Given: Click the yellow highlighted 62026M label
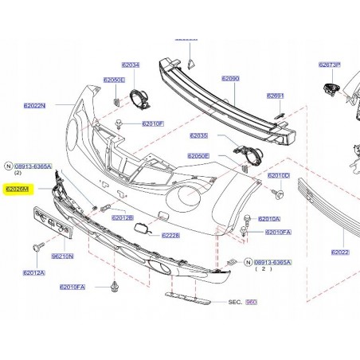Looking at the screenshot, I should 17,190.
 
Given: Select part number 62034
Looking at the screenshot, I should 130,65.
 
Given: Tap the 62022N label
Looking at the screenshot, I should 34,105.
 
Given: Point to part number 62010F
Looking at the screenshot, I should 153,124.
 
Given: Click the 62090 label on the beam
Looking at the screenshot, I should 230,79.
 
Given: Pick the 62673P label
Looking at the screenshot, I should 330,65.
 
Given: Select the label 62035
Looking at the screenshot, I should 198,136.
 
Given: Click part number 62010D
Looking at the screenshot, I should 278,175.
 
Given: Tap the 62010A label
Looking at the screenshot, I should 269,219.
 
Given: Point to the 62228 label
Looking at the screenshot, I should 170,235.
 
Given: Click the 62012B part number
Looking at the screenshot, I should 123,217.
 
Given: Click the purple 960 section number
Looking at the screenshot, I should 252,303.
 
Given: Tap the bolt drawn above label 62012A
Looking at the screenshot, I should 37,248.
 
